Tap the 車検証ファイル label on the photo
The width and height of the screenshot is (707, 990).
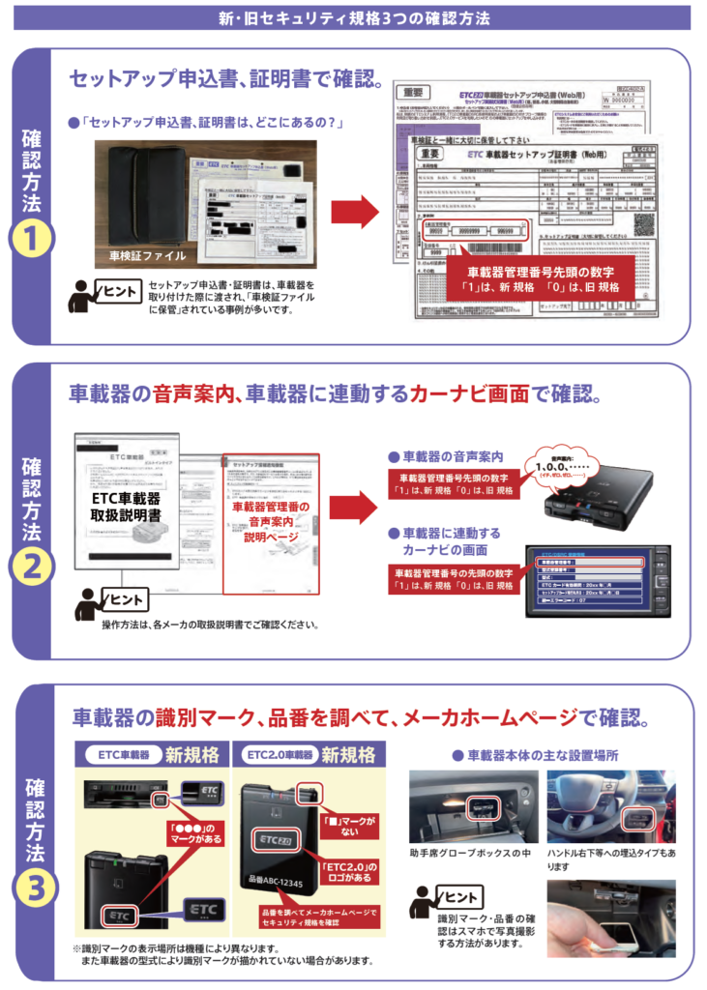click(146, 256)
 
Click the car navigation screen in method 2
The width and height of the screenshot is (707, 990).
click(598, 581)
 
